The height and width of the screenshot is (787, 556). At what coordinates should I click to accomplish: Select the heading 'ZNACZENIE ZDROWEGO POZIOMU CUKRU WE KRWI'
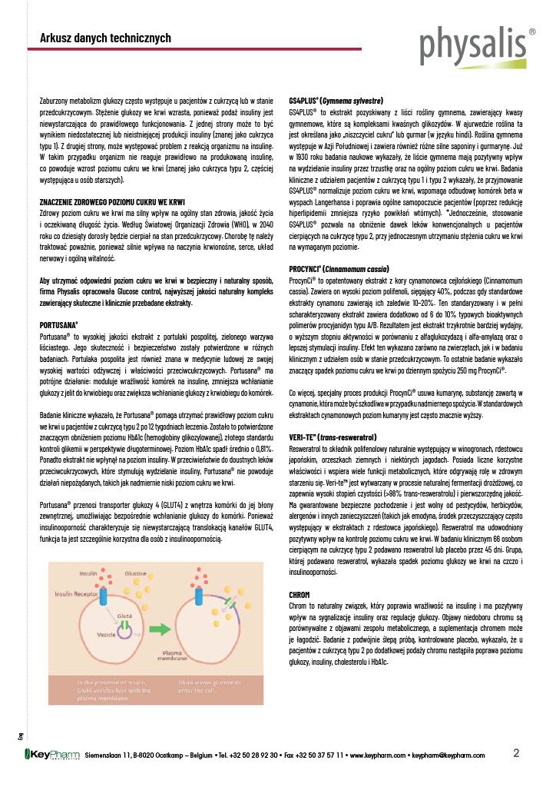click(x=112, y=201)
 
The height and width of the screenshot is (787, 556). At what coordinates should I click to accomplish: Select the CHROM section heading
click(x=299, y=595)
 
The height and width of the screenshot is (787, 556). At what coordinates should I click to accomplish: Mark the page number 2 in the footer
click(x=517, y=752)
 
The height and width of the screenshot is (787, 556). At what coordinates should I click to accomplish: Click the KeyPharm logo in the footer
click(x=53, y=755)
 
